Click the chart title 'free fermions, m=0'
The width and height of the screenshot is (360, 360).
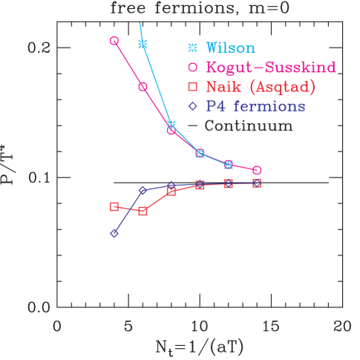point(198,9)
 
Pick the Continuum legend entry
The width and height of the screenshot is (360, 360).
point(240,125)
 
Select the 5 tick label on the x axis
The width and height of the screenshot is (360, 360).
point(128,325)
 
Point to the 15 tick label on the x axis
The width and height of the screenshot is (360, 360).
point(271,325)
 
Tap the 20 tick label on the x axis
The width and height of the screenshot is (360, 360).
point(341,325)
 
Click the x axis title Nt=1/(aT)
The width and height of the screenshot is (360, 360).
point(199,347)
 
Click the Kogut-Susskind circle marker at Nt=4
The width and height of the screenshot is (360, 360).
point(114,41)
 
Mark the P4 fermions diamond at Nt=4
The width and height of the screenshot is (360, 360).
point(114,234)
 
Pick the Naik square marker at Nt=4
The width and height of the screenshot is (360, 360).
point(114,206)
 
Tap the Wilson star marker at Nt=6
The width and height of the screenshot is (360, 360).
point(143,45)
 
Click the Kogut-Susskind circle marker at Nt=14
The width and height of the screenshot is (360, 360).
point(257,171)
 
